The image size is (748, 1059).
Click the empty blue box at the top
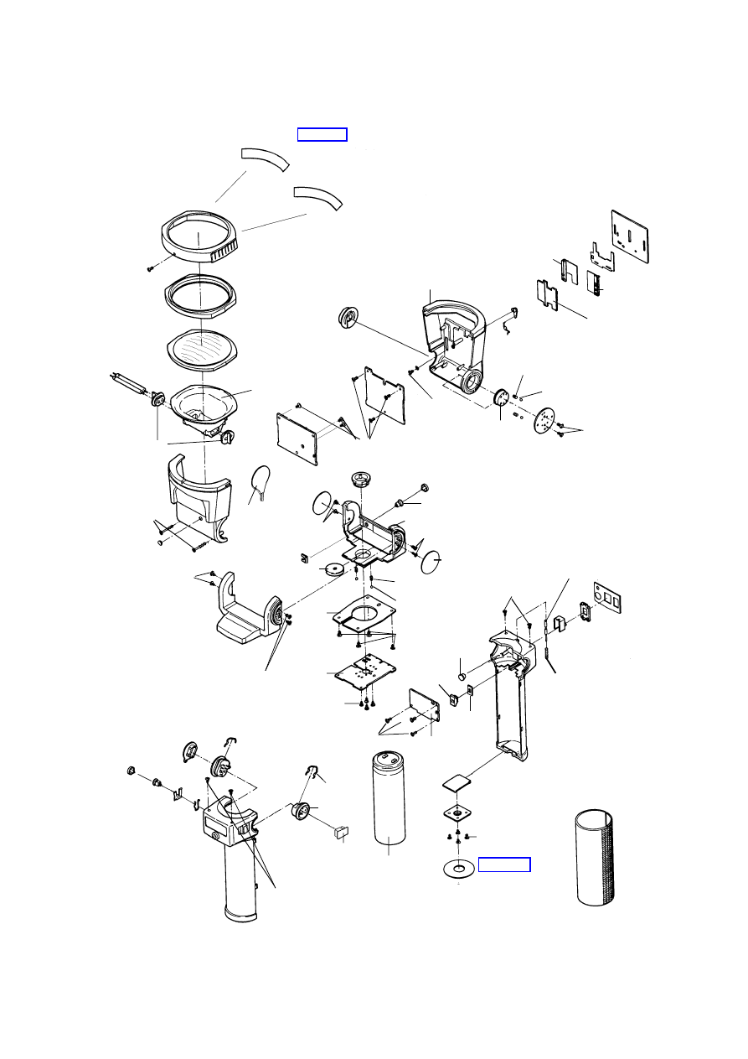[x=322, y=135]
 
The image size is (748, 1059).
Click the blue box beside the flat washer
[x=503, y=864]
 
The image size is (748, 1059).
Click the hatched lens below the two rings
[x=200, y=345]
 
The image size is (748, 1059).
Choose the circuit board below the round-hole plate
[x=365, y=673]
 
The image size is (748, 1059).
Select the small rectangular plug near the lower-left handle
[x=341, y=832]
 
